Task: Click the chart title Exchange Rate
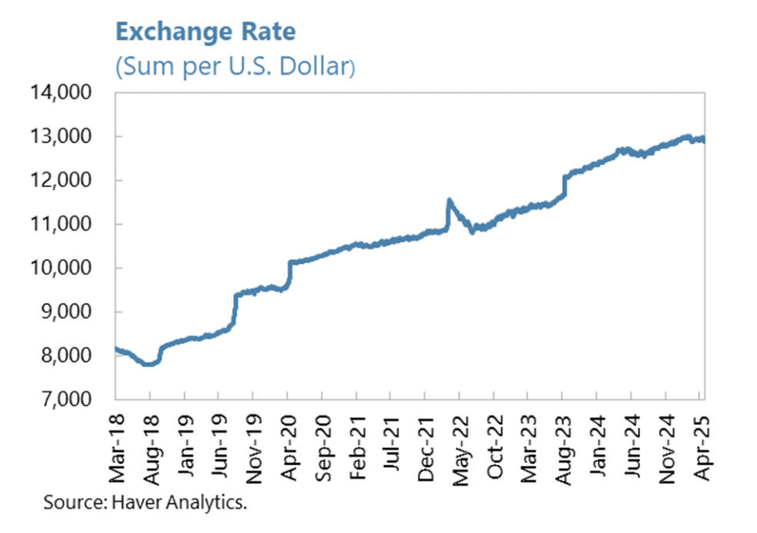[205, 33]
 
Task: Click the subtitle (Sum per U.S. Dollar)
[234, 66]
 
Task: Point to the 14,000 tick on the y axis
[71, 93]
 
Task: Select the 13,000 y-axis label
[71, 137]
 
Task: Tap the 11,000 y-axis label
[71, 224]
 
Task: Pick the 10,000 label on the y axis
[71, 268]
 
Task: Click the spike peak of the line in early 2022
[449, 200]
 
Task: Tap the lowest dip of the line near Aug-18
[147, 364]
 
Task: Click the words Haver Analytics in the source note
[194, 506]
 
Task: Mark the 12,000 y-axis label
[71, 180]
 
